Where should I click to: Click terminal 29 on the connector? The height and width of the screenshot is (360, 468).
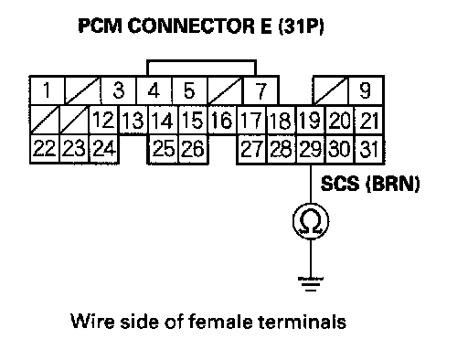pos(311,149)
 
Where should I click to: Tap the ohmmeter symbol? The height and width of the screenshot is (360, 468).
pos(311,221)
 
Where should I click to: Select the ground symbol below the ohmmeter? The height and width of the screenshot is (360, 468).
pos(311,284)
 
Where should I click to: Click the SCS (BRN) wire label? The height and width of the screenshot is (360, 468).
pos(370,185)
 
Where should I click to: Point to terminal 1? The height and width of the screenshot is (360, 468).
pos(47,90)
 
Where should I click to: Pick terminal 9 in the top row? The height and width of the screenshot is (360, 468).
pos(366,90)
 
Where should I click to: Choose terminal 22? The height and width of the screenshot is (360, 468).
pos(45,149)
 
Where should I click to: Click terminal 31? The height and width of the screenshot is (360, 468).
pos(369,149)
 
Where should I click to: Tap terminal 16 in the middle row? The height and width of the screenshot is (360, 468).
pos(222,120)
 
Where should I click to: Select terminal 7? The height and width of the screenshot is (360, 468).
pos(261,90)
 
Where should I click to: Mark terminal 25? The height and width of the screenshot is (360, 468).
pos(164,149)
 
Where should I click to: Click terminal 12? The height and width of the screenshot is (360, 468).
pos(103,120)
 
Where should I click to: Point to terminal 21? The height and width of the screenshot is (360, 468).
pos(369,120)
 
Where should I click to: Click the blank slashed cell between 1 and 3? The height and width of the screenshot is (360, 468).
pos(82,90)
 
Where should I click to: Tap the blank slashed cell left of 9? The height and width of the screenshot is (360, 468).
pos(331,90)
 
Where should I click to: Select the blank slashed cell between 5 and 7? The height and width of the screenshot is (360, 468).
pos(226,90)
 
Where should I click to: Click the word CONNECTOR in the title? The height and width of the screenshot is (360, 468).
pos(191,26)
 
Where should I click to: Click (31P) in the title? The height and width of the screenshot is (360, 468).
pos(301,26)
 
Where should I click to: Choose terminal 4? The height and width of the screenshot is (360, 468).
pos(154,90)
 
